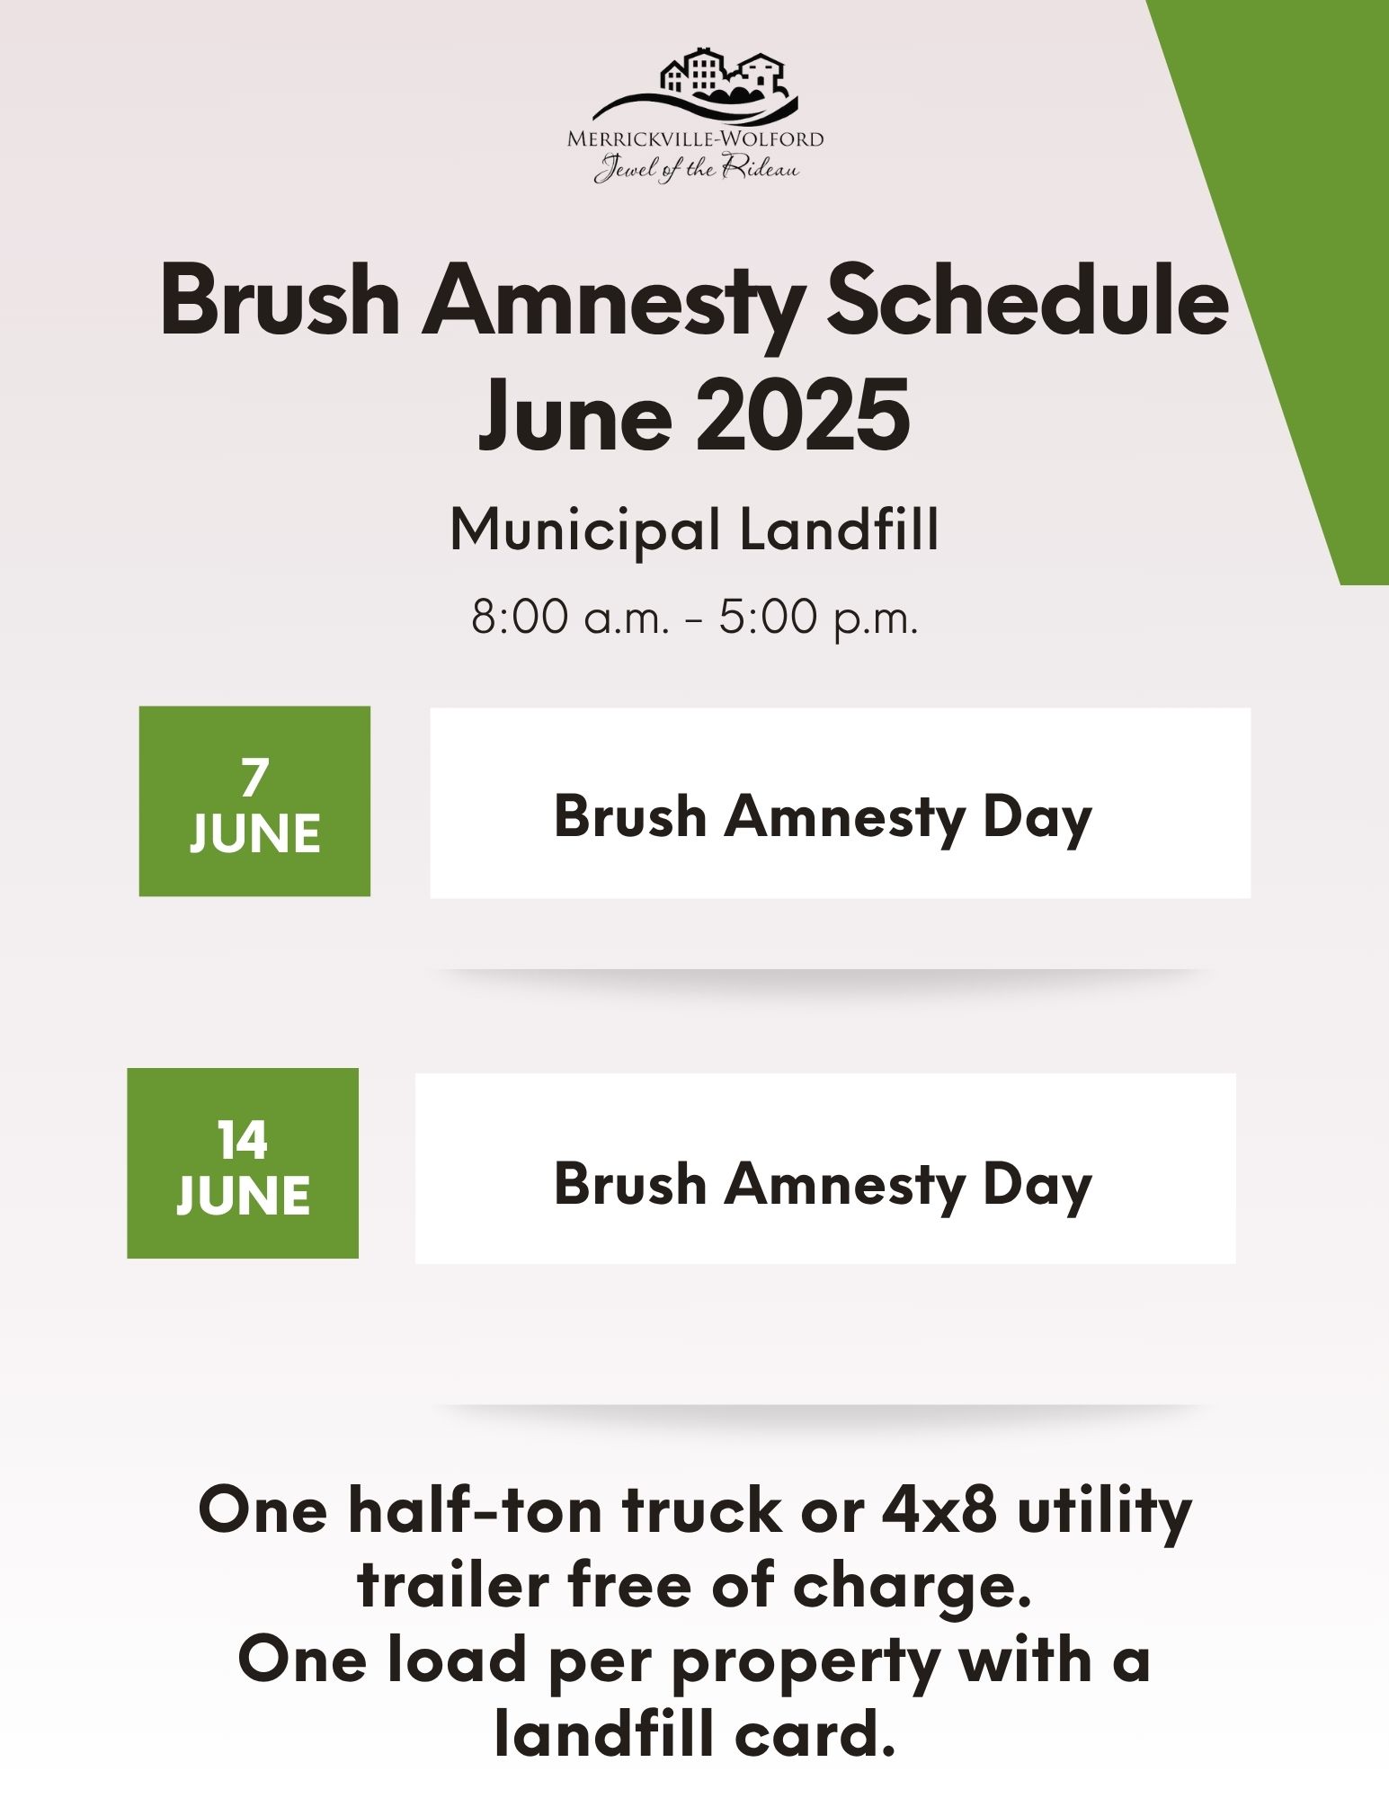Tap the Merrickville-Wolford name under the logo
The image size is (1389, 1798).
coord(695,139)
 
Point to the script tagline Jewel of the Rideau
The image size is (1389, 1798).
coord(696,168)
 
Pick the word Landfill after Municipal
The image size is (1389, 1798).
coord(840,530)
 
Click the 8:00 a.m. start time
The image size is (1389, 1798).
coord(571,618)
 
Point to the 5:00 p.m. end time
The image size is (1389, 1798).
coord(818,618)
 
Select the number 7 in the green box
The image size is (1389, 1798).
coord(254,778)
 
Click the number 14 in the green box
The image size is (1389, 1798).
coord(243,1140)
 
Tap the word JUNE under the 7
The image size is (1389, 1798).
coord(254,834)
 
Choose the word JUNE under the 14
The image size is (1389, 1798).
coord(243,1196)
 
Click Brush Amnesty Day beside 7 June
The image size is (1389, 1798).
coord(823,817)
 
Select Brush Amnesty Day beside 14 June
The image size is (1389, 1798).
coord(823,1184)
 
